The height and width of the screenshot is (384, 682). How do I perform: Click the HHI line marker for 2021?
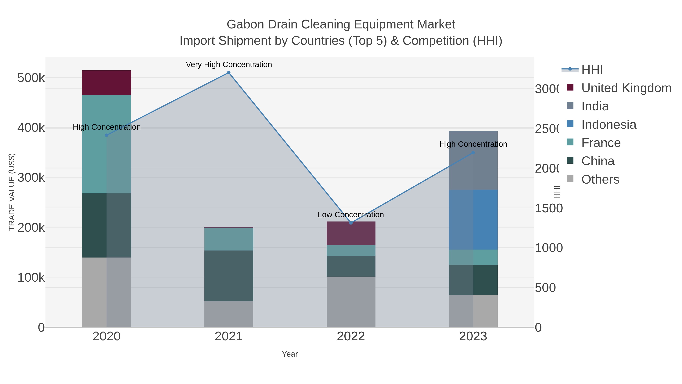229,73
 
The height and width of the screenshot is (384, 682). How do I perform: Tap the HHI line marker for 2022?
351,223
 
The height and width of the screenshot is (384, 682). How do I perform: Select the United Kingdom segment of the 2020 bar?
106,83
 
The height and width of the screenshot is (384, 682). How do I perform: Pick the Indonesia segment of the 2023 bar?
473,219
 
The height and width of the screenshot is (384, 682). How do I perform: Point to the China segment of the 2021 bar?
229,276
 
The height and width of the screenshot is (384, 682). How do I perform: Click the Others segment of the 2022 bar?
351,302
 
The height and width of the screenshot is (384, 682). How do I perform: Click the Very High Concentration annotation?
229,65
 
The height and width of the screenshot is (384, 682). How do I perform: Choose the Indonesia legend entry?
608,125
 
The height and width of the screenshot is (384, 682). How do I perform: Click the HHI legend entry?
592,70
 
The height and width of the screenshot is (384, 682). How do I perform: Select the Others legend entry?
600,179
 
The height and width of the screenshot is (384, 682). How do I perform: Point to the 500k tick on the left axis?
31,78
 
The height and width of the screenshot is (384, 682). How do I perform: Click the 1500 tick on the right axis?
549,208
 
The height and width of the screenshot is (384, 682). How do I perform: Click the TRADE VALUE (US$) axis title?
12,192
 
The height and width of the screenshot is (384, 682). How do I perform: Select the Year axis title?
290,354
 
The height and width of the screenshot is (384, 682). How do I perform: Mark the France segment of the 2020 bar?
106,144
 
